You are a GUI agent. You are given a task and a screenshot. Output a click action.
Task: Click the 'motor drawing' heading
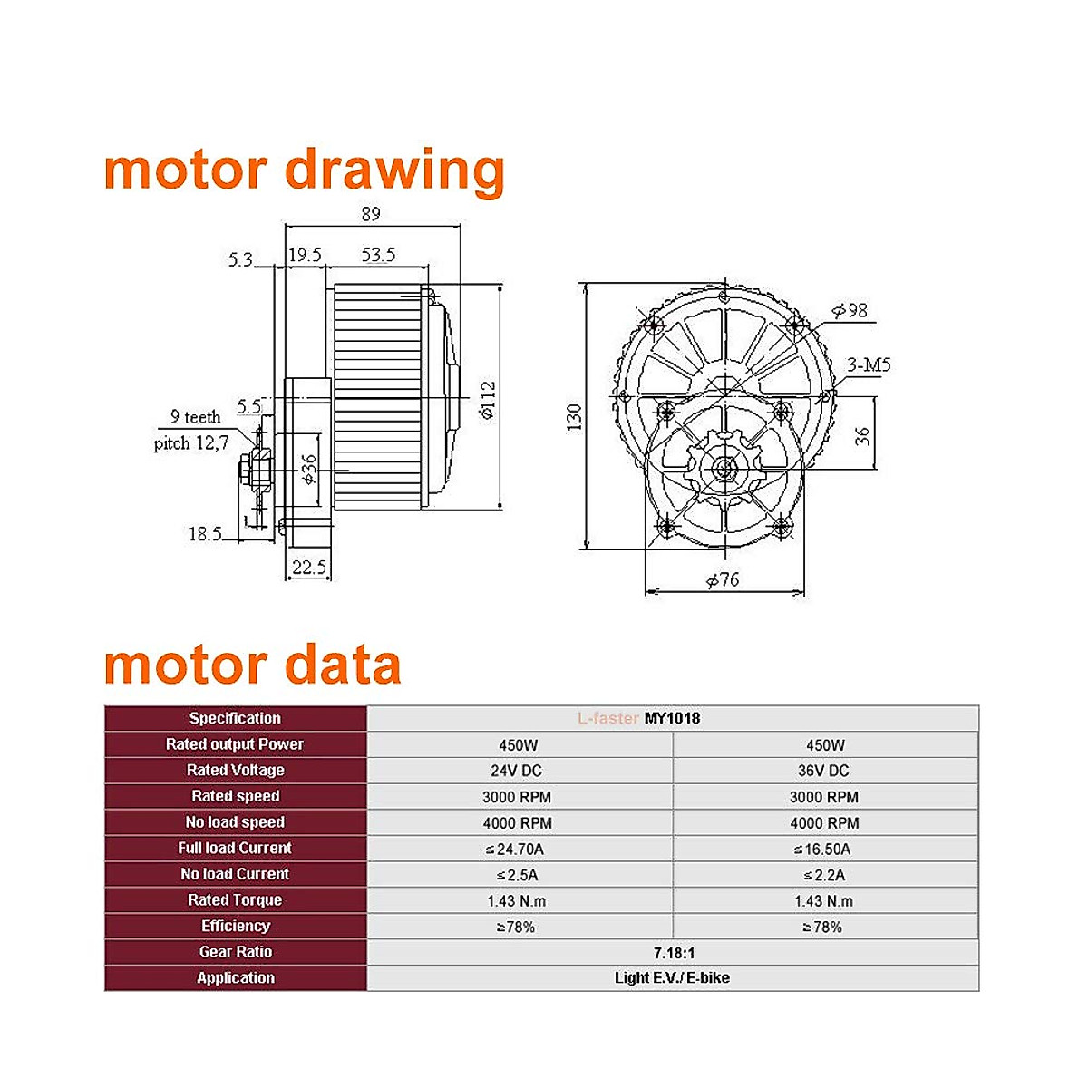tap(304, 170)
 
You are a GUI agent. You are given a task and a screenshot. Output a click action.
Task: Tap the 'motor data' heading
tap(252, 665)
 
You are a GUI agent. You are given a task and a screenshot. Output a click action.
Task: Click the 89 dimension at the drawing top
tap(370, 214)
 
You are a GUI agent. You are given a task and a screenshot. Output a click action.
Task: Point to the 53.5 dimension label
tap(378, 255)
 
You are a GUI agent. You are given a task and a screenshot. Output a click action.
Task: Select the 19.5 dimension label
tap(305, 255)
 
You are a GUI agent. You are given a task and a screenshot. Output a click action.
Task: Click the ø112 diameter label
tap(487, 400)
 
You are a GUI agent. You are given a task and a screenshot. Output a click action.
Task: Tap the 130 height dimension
tap(574, 417)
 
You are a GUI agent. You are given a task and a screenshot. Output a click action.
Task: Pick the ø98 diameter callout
tap(850, 311)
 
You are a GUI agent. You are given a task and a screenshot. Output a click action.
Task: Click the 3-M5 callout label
tap(869, 365)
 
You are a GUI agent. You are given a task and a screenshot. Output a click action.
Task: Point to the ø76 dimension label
tap(723, 579)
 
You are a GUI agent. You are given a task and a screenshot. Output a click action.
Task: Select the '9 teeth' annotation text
tap(195, 417)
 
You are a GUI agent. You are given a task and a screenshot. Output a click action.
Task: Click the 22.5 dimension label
tap(308, 568)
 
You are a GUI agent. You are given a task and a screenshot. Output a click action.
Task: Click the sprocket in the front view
tap(724, 468)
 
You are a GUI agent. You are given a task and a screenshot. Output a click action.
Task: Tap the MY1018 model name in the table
tap(672, 718)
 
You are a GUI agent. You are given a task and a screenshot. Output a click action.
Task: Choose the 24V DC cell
tap(518, 771)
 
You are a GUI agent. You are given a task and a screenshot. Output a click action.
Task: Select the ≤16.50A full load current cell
tap(822, 850)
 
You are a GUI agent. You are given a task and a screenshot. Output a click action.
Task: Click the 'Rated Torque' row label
tap(235, 900)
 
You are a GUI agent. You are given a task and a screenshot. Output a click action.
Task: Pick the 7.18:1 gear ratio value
tap(674, 953)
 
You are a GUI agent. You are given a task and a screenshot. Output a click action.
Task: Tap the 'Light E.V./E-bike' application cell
tap(672, 978)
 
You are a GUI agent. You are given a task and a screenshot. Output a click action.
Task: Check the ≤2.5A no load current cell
tap(517, 875)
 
